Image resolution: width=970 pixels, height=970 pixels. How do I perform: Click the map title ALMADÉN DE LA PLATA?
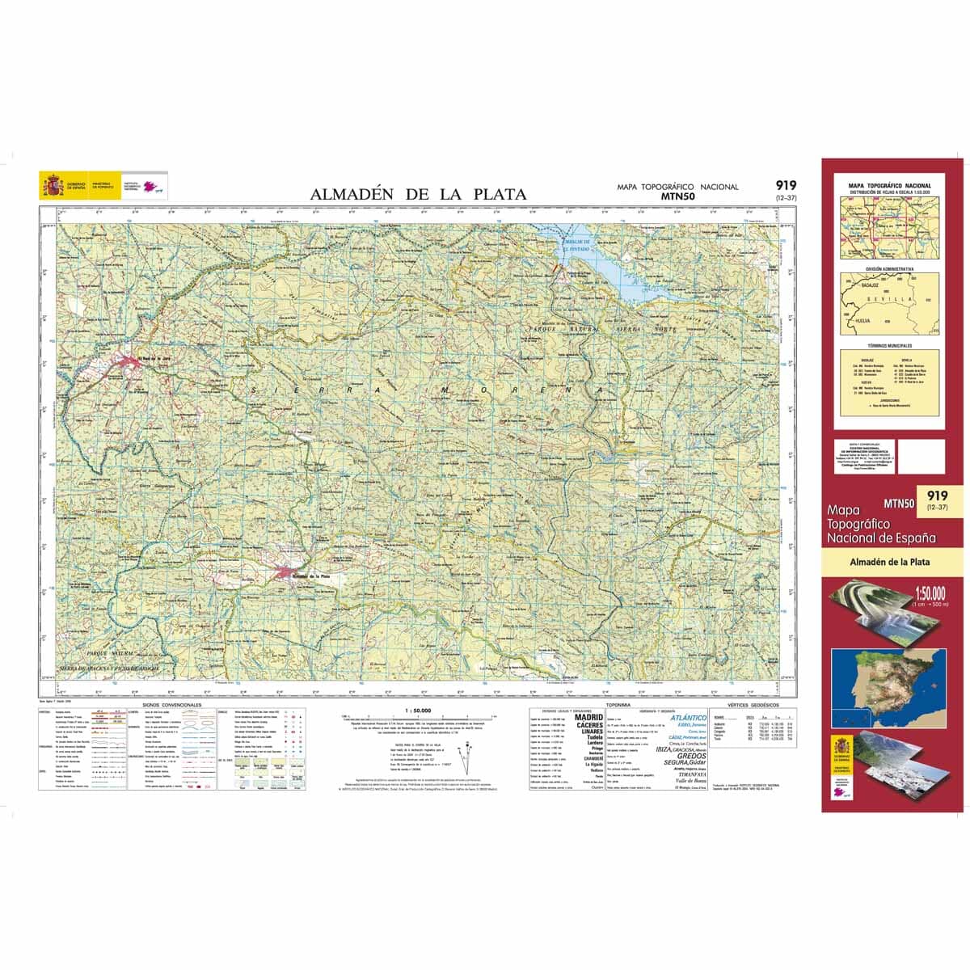pyautogui.click(x=418, y=194)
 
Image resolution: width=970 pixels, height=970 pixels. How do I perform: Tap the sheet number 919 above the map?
pyautogui.click(x=785, y=185)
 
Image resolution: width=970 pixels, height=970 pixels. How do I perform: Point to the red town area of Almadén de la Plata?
pyautogui.click(x=286, y=572)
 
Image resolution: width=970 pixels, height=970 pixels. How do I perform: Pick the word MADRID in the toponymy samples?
pyautogui.click(x=588, y=717)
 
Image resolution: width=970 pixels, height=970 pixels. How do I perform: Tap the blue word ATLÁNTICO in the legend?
pyautogui.click(x=688, y=717)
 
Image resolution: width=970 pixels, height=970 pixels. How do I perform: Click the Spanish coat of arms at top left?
pyautogui.click(x=53, y=188)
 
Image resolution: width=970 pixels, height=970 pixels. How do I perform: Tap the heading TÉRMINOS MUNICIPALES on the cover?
pyautogui.click(x=889, y=345)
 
